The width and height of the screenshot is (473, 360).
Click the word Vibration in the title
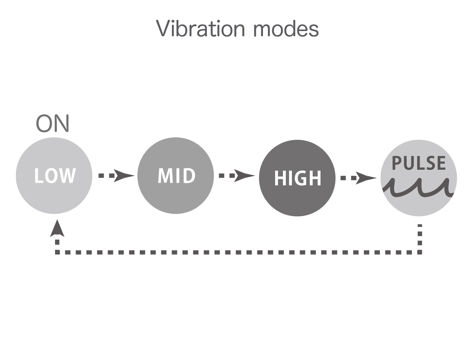pos(200,28)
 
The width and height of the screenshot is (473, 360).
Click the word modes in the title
pos(286,29)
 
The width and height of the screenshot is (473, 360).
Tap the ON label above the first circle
pos(53,123)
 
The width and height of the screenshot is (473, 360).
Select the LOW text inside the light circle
pos(55,175)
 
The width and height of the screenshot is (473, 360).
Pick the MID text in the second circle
pos(176,175)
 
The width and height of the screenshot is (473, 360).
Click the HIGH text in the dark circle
pos(298,178)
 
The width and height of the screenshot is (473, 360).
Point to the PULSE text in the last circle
pos(419,163)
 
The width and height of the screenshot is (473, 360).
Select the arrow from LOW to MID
pos(116,175)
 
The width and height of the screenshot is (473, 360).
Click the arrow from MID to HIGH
pos(237,175)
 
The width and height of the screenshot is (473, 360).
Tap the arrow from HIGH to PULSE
pos(359,178)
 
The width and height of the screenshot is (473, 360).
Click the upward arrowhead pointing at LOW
pos(57,228)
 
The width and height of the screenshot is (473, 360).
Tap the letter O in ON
pos(44,124)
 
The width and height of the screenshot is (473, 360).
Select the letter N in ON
pos(62,123)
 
